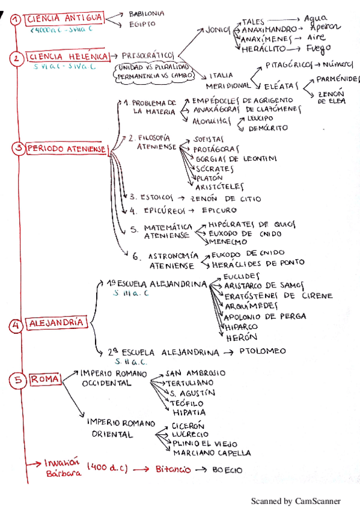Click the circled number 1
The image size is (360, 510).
tap(16, 19)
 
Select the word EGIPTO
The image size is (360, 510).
tap(142, 24)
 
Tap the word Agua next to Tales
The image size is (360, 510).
tap(316, 19)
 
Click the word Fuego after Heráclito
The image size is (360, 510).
tap(318, 49)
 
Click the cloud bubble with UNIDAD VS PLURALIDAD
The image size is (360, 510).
tap(154, 72)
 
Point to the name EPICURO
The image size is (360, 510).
tap(219, 210)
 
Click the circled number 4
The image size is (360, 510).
tap(16, 325)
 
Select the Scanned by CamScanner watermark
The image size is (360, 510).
tap(295, 500)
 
